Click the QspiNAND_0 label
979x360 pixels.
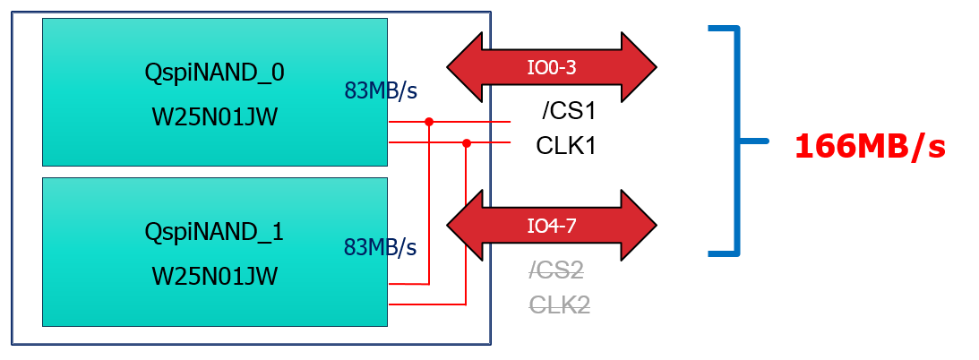[x=214, y=73]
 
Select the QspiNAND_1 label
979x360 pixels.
[x=214, y=232]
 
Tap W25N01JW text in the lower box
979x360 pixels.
[x=214, y=276]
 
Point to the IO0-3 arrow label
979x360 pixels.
[x=551, y=66]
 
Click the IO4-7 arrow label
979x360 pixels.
[x=551, y=226]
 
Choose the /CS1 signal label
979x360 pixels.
[x=569, y=112]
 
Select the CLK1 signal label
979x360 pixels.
[x=566, y=145]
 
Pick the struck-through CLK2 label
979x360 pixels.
[x=559, y=305]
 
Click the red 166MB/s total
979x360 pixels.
[x=870, y=147]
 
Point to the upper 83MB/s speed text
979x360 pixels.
[x=382, y=90]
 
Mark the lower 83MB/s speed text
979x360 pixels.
[x=382, y=246]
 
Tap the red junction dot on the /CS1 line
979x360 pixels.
[x=429, y=121]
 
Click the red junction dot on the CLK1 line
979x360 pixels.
[x=466, y=142]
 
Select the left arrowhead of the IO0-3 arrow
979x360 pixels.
[x=461, y=66]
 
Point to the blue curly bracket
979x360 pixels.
[x=736, y=141]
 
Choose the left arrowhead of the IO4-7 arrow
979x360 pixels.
[x=461, y=226]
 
